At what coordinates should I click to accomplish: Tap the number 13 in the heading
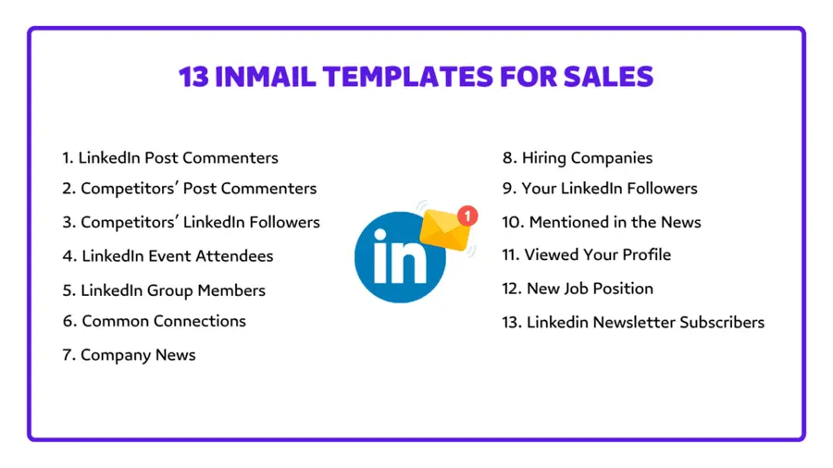click(x=193, y=76)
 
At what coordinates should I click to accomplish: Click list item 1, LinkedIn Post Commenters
click(x=170, y=158)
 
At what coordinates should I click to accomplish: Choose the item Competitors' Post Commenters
click(x=190, y=189)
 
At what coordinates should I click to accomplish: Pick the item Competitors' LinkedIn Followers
click(x=192, y=222)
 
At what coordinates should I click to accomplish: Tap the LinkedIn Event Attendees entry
click(x=168, y=255)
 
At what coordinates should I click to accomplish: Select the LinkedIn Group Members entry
click(x=164, y=290)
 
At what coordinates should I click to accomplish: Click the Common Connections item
click(x=155, y=321)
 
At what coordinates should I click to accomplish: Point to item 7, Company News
click(x=130, y=355)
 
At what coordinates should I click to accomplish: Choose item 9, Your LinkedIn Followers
click(x=600, y=189)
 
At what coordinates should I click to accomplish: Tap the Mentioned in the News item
click(x=602, y=222)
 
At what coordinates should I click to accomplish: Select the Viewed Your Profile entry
click(x=587, y=254)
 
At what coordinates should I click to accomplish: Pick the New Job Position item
click(x=578, y=289)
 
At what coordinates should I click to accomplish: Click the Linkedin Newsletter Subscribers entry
click(x=633, y=322)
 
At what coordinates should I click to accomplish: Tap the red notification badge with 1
click(x=468, y=216)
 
